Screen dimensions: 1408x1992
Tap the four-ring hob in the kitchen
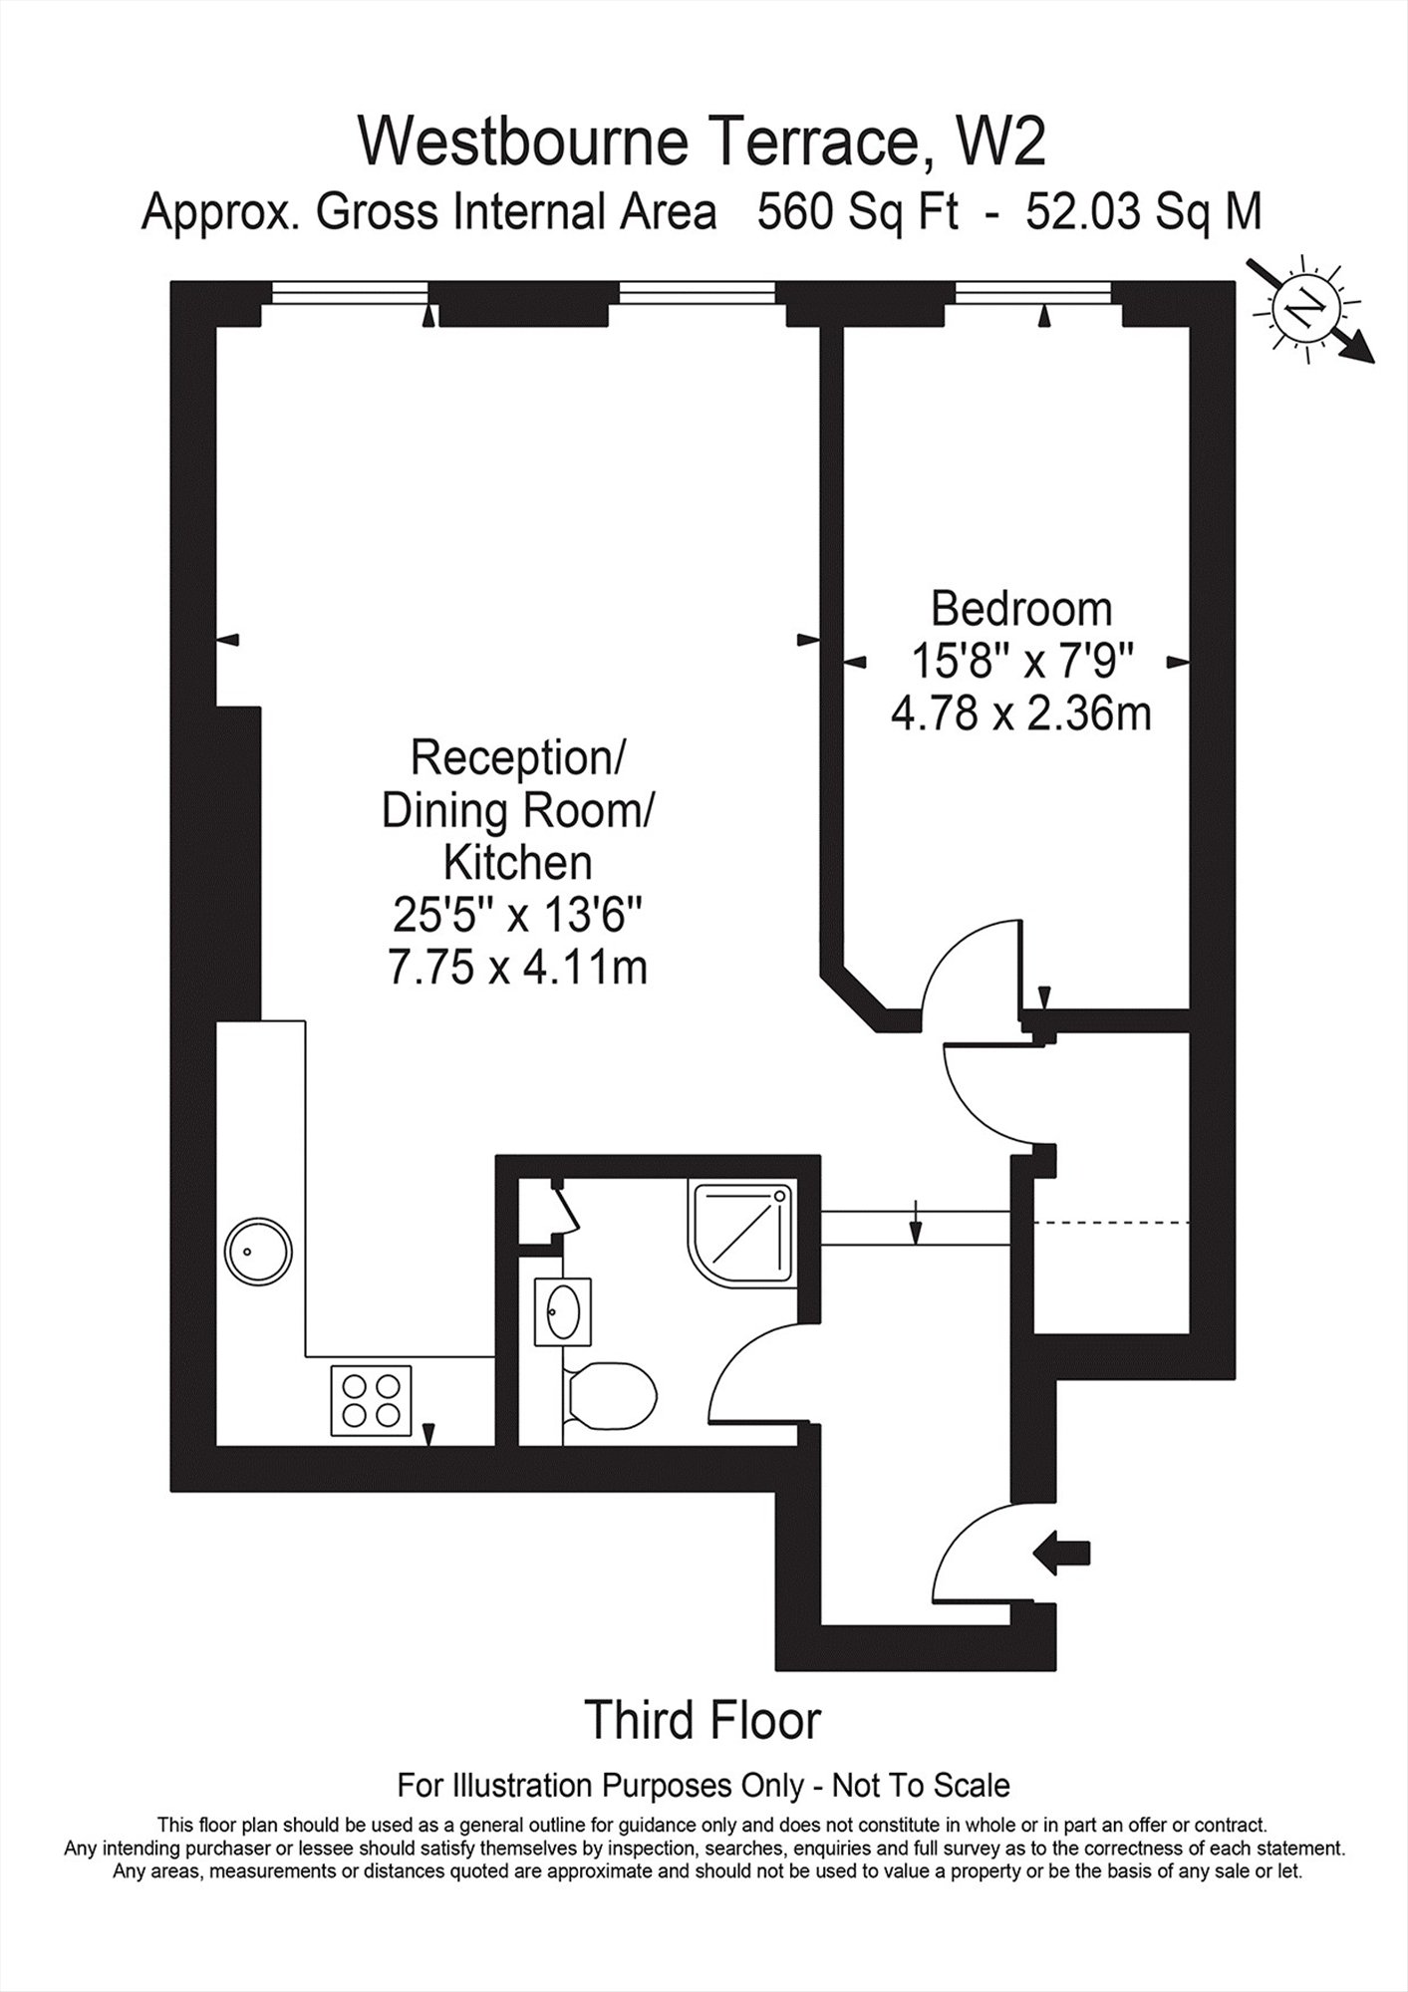(370, 1400)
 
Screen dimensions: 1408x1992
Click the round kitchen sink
(258, 1251)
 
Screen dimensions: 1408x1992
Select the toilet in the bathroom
(608, 1395)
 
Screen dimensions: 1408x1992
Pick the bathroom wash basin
(562, 1312)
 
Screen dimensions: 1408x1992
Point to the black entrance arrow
(1062, 1553)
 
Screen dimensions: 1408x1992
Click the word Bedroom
(1020, 608)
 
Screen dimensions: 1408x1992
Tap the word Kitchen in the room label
(517, 863)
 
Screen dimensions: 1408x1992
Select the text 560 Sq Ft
(858, 211)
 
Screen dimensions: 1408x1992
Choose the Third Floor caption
(704, 1719)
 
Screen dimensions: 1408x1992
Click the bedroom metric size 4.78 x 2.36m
(1020, 713)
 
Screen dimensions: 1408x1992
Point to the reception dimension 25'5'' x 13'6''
(517, 916)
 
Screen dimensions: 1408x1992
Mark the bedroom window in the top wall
(1032, 291)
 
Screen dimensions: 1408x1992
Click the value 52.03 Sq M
(1143, 211)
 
